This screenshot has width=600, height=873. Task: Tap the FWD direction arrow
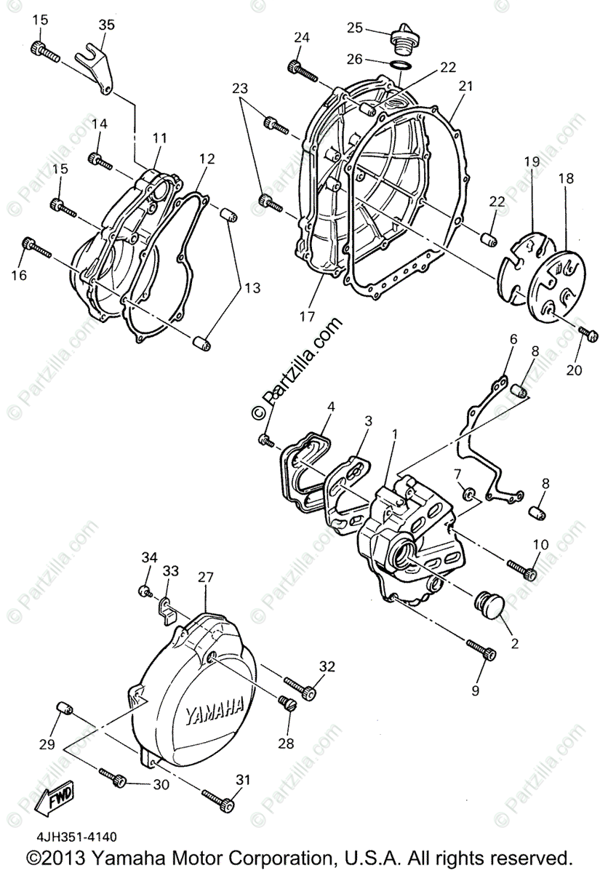(x=50, y=800)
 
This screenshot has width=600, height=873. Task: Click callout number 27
(x=207, y=578)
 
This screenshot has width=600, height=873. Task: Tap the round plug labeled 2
(x=485, y=605)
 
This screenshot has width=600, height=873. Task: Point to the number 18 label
(x=565, y=178)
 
